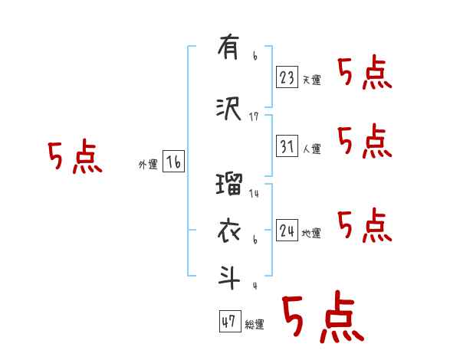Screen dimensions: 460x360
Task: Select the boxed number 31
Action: click(x=287, y=146)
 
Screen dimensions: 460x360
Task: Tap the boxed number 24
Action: click(x=287, y=230)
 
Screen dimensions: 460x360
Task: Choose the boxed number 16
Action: click(x=173, y=162)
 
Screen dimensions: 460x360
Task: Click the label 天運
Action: click(x=311, y=80)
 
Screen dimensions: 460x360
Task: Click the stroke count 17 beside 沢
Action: click(x=255, y=116)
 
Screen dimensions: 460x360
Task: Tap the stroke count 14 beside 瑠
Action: click(x=255, y=194)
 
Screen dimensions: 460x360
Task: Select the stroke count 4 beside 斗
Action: click(x=255, y=286)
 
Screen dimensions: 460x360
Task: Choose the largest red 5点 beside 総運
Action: click(x=321, y=318)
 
